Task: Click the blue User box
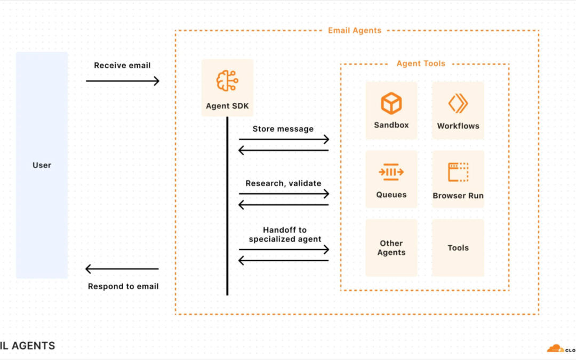point(42,165)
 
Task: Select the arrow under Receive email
point(123,81)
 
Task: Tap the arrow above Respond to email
point(122,269)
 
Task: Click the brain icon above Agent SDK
point(227,81)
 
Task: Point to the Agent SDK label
point(227,106)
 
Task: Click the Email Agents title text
point(355,30)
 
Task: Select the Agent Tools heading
point(421,63)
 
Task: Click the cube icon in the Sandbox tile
point(391,103)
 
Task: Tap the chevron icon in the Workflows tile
point(458,103)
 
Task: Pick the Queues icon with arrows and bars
point(391,172)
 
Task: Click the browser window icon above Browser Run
point(458,172)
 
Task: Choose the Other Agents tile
point(391,248)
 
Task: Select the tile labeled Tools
point(458,248)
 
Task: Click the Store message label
point(283,129)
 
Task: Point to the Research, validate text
point(283,183)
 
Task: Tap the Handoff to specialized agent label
point(285,235)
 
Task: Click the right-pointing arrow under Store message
point(284,140)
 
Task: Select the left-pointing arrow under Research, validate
point(284,205)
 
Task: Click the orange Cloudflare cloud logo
point(555,348)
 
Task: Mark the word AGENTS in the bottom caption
point(33,346)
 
